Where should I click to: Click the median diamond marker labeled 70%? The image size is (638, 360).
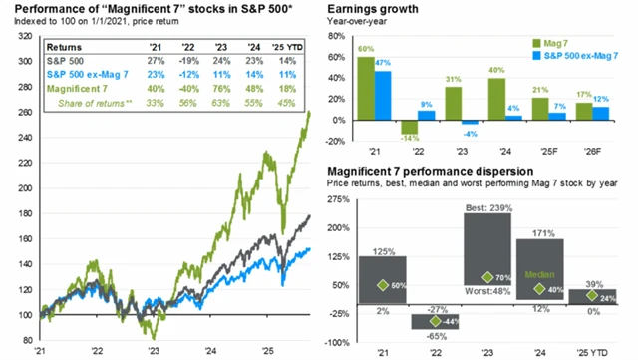[x=487, y=278]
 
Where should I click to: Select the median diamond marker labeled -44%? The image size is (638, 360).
[x=435, y=321]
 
